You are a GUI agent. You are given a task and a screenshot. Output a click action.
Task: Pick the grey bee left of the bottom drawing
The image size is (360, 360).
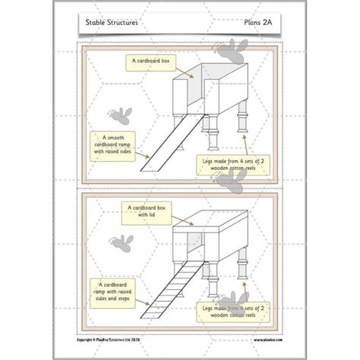119,243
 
